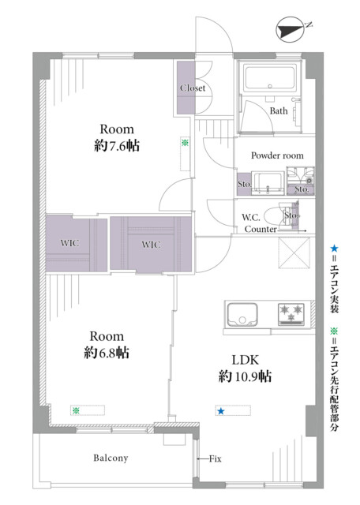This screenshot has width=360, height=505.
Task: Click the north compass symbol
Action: (290, 31)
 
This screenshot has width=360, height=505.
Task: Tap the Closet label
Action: (193, 88)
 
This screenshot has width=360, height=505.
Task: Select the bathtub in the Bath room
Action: (270, 77)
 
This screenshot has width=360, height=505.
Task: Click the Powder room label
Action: (277, 155)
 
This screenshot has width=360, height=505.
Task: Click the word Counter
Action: (261, 230)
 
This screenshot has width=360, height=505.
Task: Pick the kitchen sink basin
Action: (242, 314)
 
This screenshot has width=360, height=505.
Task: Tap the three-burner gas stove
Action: (291, 314)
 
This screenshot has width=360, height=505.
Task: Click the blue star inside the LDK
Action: (221, 411)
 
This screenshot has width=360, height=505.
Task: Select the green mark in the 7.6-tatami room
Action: (185, 143)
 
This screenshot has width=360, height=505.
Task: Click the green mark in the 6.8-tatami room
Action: (76, 410)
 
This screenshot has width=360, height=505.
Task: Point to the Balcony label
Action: (111, 458)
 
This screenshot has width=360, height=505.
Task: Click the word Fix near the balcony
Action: (215, 458)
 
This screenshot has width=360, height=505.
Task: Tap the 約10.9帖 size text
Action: (245, 376)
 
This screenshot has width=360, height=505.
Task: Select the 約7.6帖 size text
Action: (117, 146)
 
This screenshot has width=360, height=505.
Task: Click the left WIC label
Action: (69, 243)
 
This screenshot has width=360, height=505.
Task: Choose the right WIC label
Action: (151, 245)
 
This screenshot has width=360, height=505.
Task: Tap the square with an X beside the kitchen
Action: (294, 252)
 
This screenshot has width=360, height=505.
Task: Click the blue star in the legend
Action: (334, 249)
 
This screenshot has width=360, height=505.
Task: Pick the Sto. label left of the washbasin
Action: (244, 184)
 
